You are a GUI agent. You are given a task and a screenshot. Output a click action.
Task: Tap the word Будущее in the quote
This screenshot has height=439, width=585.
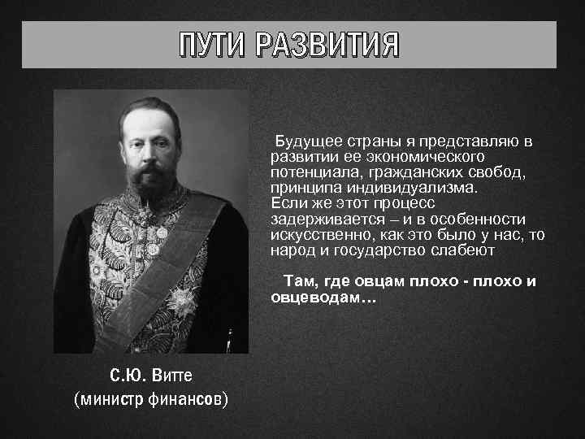[x=305, y=141]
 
